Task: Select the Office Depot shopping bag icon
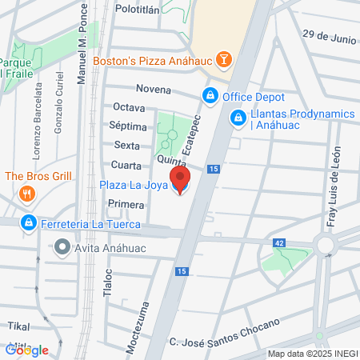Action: point(210,96)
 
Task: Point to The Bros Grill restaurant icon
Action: point(27,193)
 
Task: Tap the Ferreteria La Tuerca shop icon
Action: point(28,222)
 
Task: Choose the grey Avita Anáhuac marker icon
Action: point(62,247)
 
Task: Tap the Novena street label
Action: point(154,89)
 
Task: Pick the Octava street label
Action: point(130,107)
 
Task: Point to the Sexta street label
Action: point(128,145)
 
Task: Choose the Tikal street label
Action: point(18,326)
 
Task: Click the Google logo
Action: point(26,350)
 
